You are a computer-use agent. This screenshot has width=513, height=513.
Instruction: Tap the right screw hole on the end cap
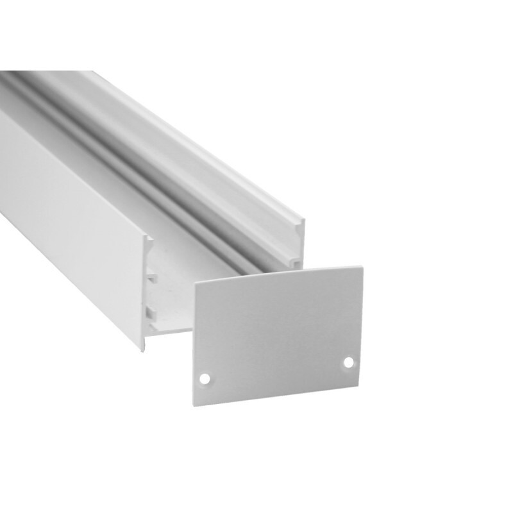tap(349, 362)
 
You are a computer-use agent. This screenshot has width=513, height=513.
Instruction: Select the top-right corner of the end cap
tap(363, 267)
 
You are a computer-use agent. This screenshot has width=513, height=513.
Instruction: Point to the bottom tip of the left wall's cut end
tap(142, 349)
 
